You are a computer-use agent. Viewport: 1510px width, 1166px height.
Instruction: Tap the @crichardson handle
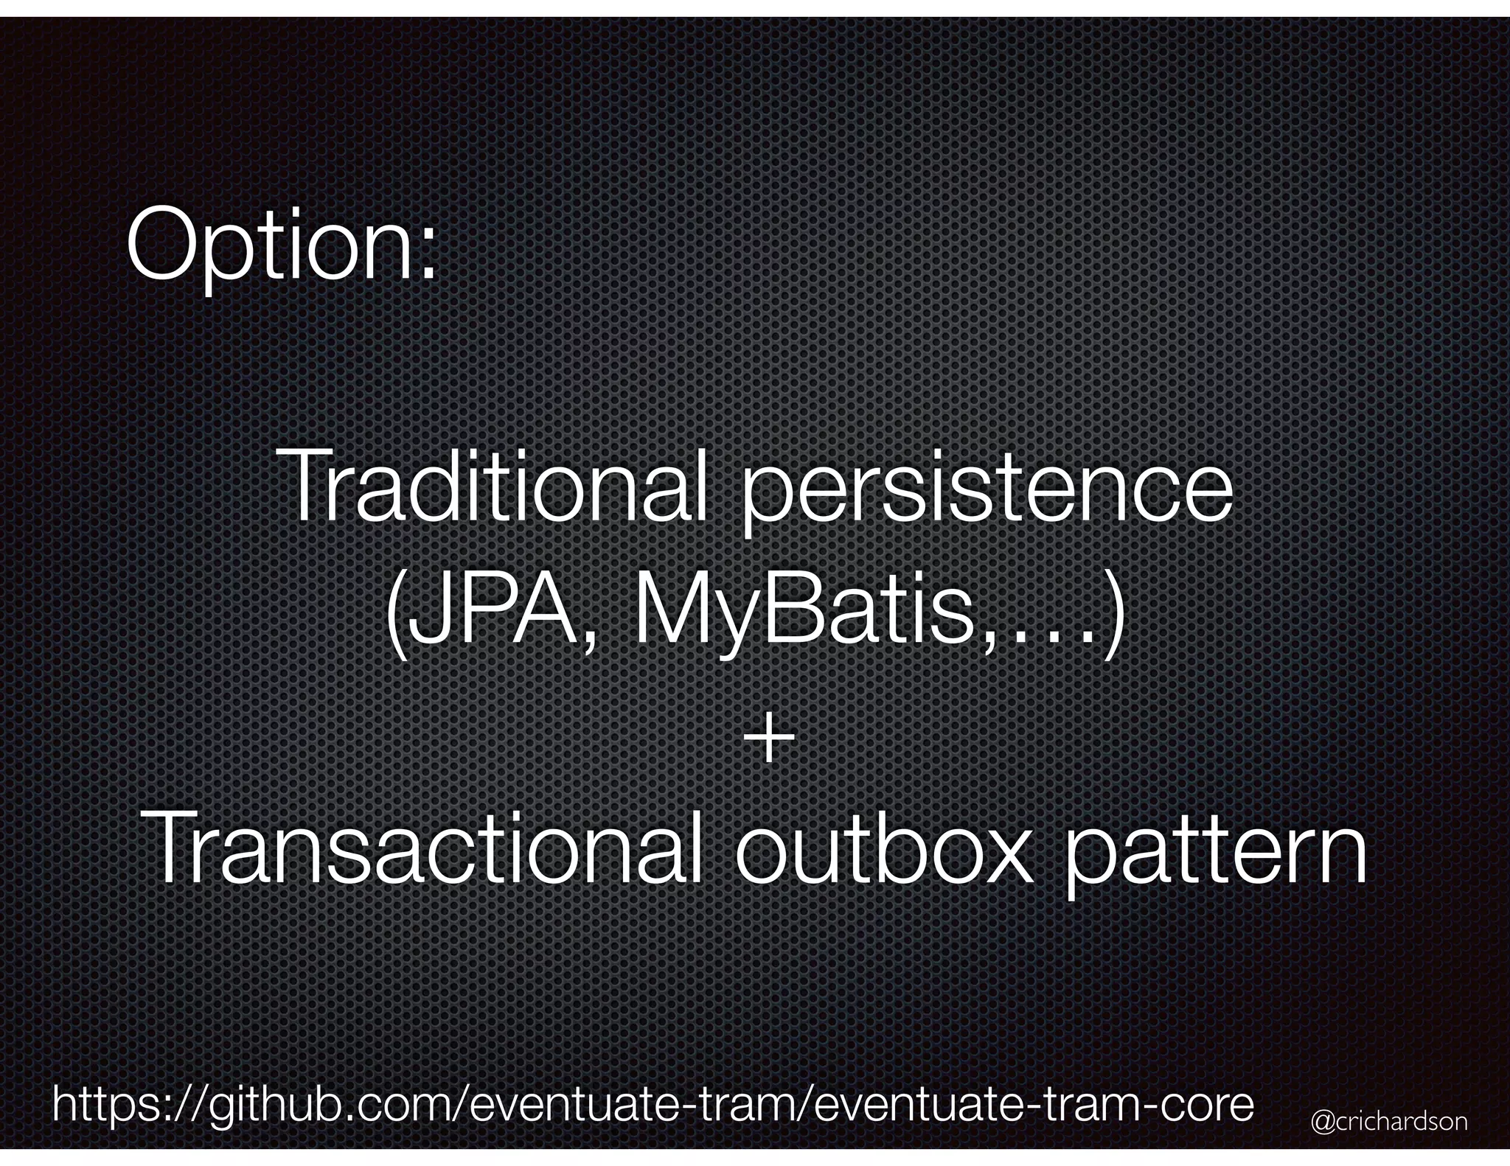click(x=1389, y=1123)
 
